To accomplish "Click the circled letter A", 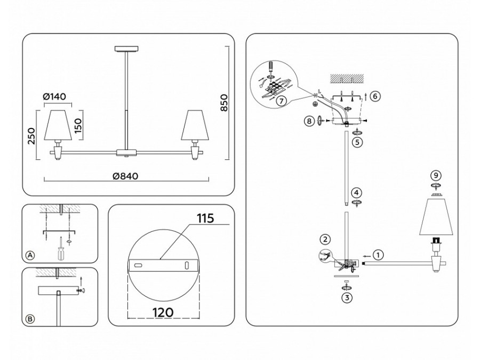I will (x=30, y=256).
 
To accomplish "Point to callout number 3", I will (x=347, y=298).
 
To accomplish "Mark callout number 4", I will (x=356, y=193).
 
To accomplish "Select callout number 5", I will (x=357, y=142).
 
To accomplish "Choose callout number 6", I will (x=375, y=96).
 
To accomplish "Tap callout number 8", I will (x=309, y=121).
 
